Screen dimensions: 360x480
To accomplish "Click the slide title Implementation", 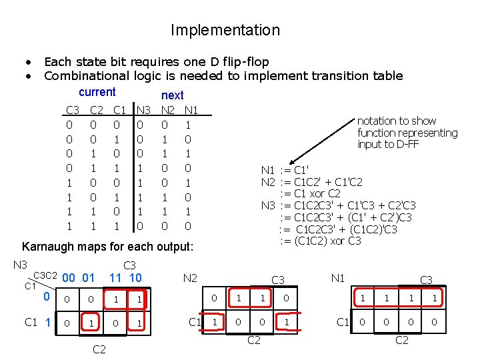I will click(225, 30).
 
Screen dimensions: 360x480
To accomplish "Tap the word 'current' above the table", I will click(97, 92).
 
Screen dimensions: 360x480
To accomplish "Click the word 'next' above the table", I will click(172, 95).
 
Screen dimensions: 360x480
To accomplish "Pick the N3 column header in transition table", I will click(144, 109).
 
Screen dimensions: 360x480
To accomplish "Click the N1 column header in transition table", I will click(191, 109).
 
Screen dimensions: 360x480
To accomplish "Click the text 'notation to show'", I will click(397, 121).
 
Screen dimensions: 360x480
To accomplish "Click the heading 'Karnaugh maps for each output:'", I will click(107, 247).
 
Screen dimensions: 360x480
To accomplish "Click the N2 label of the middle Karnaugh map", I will click(190, 277).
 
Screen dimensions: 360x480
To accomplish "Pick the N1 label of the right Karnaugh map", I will click(338, 277).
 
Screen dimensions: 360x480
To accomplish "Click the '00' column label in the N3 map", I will click(67, 277).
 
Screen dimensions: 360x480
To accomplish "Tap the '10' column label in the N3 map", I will click(135, 277).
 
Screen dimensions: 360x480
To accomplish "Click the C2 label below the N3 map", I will click(99, 349).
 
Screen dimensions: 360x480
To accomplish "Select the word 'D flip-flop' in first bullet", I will click(237, 62).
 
